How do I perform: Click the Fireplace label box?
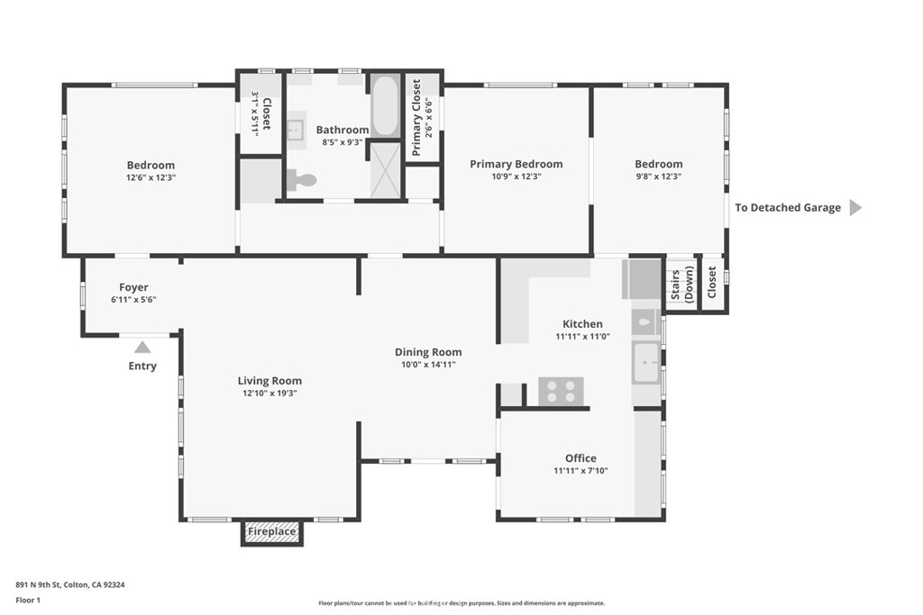coord(271,533)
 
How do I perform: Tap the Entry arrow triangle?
coord(142,348)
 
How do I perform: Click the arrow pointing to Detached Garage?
coord(856,207)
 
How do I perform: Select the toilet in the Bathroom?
coord(302,179)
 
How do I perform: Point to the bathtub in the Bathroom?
coord(385,105)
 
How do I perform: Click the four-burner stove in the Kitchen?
coord(561,392)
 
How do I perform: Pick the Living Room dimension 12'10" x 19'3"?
coord(270,393)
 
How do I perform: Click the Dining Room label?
coord(428,352)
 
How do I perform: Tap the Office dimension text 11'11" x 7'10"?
coord(580,470)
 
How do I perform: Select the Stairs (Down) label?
coord(682,285)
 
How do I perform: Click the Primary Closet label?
coord(416,118)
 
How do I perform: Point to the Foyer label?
coord(133,287)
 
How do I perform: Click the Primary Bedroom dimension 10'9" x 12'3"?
coord(516,176)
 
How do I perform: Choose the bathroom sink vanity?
coord(296,127)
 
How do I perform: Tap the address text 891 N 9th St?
coord(38,584)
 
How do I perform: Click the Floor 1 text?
coord(28,601)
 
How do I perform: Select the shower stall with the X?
coord(385,170)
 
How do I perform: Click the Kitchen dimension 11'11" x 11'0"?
coord(583,336)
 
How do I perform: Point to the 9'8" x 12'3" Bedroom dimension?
coord(659,176)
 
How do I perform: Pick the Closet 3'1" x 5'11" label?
coord(260,114)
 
